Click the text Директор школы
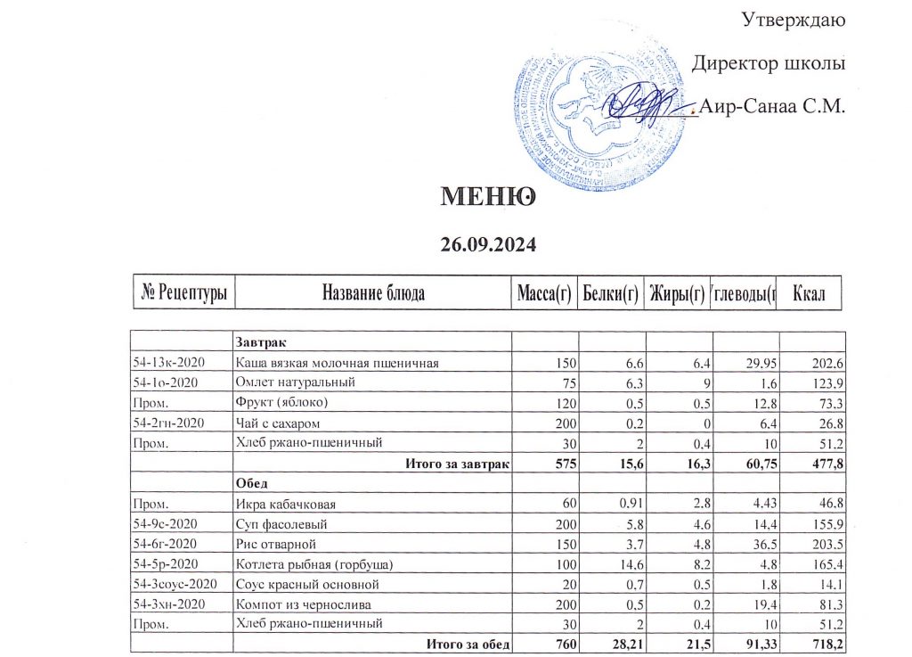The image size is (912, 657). (769, 64)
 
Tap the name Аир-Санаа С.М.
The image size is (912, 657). (772, 108)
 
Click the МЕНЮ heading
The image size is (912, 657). (488, 196)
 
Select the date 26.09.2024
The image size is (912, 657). (492, 242)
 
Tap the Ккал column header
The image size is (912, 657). (810, 292)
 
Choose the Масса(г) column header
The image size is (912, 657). (543, 292)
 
